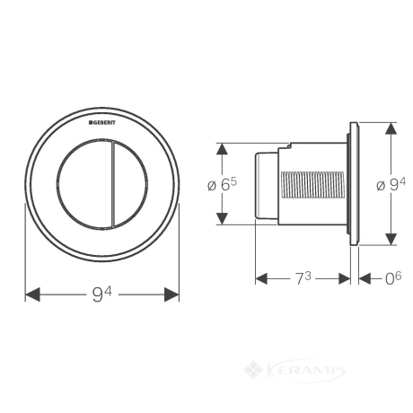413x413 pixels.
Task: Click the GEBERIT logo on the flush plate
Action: point(101,123)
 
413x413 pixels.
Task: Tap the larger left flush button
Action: point(83,184)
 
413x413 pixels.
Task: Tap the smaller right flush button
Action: point(130,184)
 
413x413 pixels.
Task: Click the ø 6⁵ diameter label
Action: point(222,185)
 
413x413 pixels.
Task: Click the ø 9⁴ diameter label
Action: point(391,184)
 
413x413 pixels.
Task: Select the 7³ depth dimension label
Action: point(303,278)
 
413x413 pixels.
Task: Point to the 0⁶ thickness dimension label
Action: point(393,278)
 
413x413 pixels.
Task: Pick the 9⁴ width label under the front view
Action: point(101,294)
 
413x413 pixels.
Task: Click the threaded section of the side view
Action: point(312,185)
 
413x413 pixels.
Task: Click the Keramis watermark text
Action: point(305,371)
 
